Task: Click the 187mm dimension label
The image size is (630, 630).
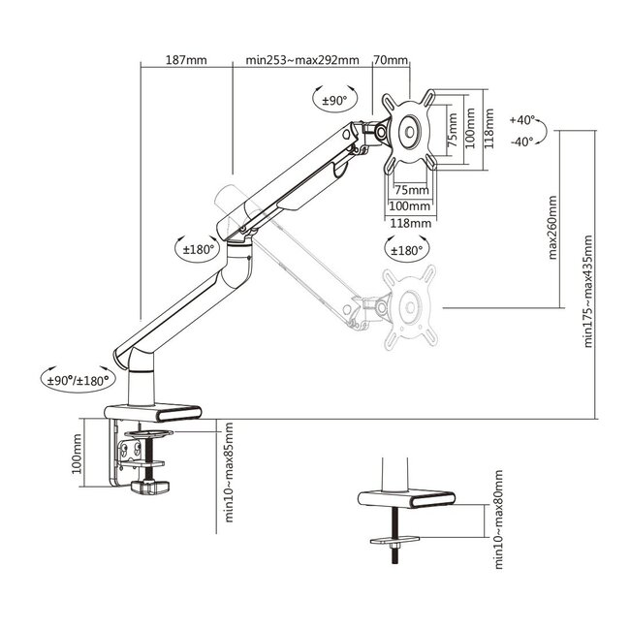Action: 187,60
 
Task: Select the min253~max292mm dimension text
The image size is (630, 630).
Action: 302,60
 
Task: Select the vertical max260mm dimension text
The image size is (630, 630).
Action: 553,229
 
